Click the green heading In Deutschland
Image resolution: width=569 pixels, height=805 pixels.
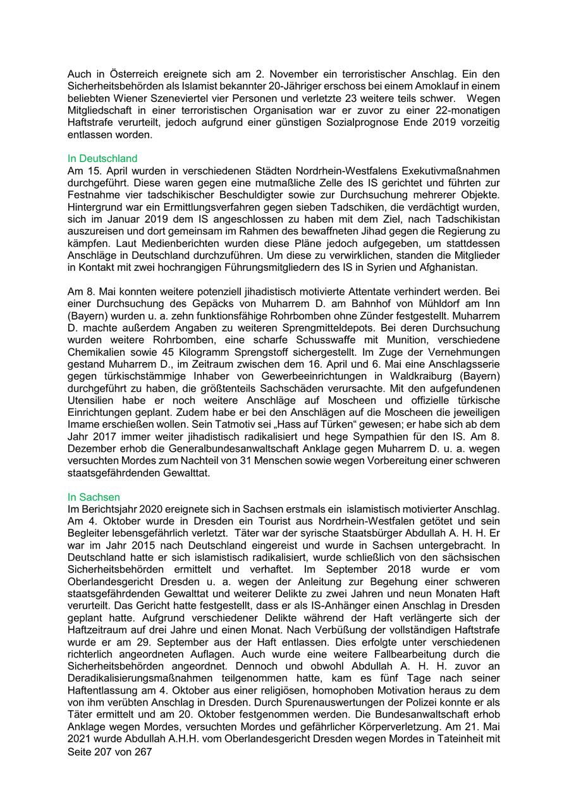pyautogui.click(x=102, y=159)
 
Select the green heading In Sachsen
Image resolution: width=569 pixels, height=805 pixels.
pyautogui.click(x=94, y=497)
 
